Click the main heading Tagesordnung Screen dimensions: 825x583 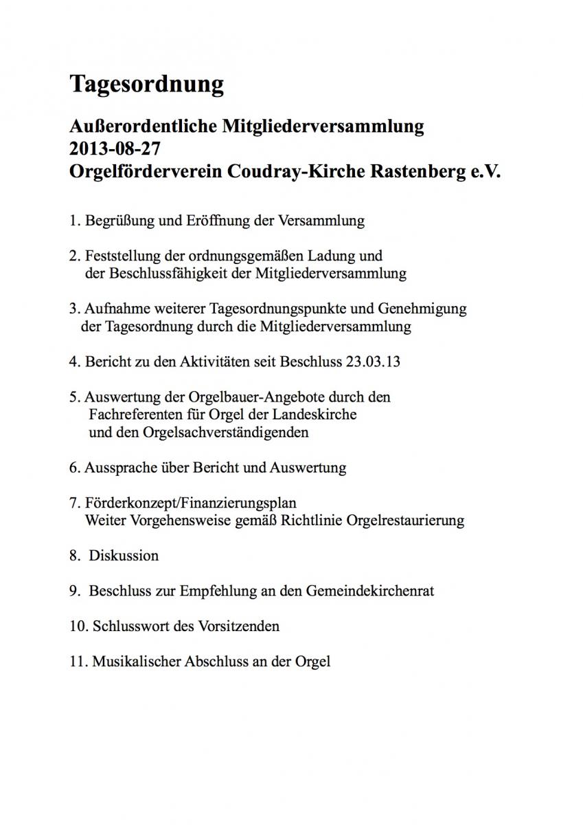pyautogui.click(x=146, y=85)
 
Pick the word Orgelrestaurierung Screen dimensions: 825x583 pyautogui.click(x=406, y=520)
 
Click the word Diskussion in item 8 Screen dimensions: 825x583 pyautogui.click(x=124, y=555)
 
